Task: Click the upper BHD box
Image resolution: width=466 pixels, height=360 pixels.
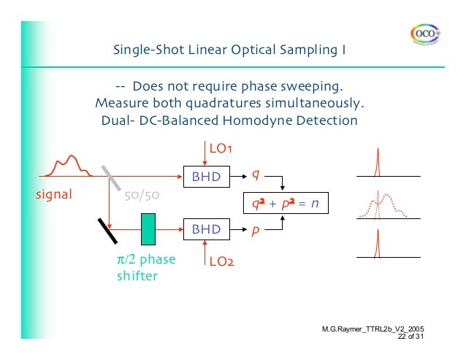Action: click(x=205, y=176)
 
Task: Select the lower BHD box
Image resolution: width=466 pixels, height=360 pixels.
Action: click(x=205, y=229)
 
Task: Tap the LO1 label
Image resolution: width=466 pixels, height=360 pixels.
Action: click(x=221, y=149)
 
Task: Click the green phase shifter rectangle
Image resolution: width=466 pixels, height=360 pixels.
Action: click(x=149, y=228)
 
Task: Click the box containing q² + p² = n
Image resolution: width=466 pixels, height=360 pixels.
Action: click(x=285, y=203)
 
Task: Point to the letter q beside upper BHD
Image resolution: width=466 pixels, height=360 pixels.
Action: click(x=255, y=175)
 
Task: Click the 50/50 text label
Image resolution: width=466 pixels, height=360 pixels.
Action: click(x=142, y=196)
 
